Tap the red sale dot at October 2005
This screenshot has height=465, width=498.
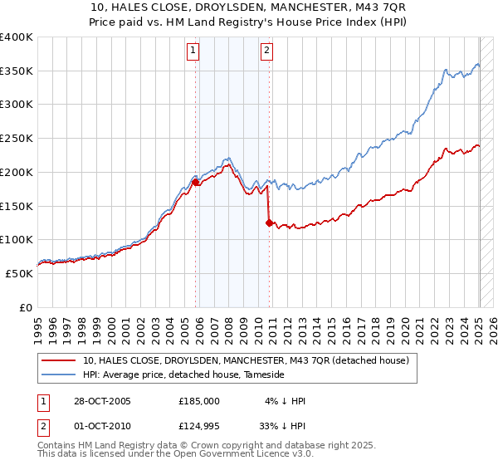[x=196, y=181]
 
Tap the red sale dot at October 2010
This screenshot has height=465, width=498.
[x=269, y=222]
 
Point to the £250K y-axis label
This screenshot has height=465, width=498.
[x=17, y=139]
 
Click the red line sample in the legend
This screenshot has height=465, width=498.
[x=59, y=361]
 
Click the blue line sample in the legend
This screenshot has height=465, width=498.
[x=59, y=375]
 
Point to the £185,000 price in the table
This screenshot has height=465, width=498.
[x=198, y=401]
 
